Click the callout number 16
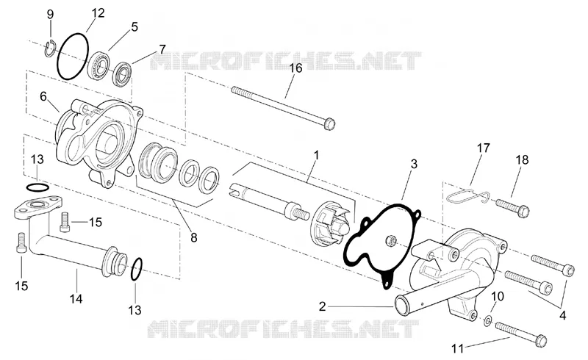(296, 68)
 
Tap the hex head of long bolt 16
(329, 123)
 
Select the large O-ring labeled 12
(73, 56)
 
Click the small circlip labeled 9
(50, 49)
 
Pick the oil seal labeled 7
(123, 76)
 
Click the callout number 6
(43, 96)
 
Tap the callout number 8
(193, 237)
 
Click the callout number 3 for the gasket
(414, 164)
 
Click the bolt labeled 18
(512, 207)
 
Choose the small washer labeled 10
(488, 320)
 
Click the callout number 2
(323, 306)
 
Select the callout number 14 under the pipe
(76, 299)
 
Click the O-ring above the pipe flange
(37, 187)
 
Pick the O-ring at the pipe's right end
(137, 269)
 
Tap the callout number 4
(562, 316)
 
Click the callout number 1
(316, 154)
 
